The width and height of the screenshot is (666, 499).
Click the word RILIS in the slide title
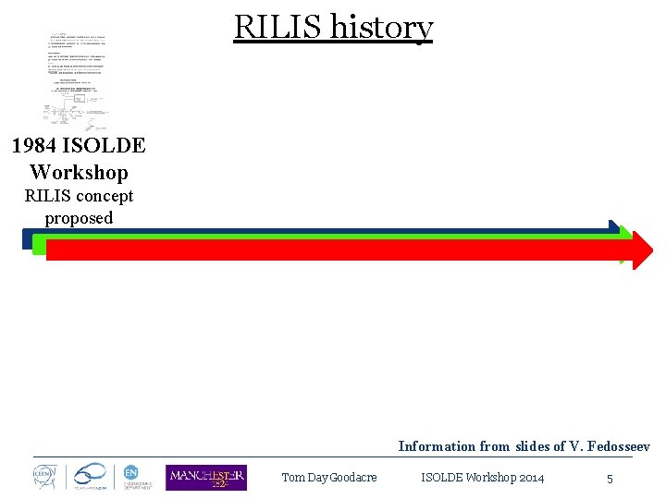(x=277, y=28)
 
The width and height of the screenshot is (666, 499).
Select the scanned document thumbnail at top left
(x=79, y=81)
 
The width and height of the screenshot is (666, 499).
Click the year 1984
(x=38, y=145)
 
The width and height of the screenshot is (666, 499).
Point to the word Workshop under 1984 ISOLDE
(x=79, y=172)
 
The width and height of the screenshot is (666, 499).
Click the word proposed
(x=79, y=218)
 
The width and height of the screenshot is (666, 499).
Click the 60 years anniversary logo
(x=91, y=475)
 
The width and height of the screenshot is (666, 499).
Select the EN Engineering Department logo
(x=132, y=475)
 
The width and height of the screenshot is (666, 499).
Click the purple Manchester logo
(x=205, y=478)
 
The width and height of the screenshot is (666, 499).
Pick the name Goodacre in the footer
(x=353, y=478)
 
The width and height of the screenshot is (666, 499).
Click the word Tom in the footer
(x=292, y=478)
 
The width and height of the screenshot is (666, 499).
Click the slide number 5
(x=610, y=479)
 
